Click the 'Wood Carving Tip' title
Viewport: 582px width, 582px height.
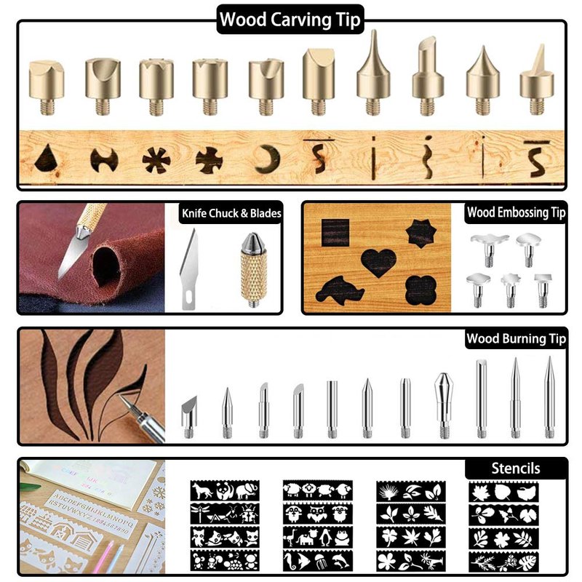coord(290,20)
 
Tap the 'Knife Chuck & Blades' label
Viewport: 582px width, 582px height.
coord(231,213)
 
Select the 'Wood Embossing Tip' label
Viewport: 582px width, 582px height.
coord(516,212)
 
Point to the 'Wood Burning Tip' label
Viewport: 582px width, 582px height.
coord(516,338)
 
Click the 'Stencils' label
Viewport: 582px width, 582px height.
coord(516,469)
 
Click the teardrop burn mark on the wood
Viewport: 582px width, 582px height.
coord(48,159)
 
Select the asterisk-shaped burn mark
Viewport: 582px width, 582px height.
coord(156,160)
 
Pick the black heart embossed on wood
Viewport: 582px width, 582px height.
coord(378,263)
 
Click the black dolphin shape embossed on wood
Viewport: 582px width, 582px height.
coord(339,290)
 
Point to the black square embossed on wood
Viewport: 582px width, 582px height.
coord(335,233)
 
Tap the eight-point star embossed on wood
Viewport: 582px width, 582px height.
coord(421,234)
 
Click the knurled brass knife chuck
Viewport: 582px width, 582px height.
coord(253,269)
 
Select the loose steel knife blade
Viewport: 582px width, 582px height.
coord(189,269)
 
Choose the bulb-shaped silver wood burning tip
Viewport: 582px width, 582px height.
coord(444,405)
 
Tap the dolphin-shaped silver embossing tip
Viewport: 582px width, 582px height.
coord(490,250)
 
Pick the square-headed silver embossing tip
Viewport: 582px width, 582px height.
coord(543,290)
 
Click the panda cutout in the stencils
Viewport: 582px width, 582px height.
coord(223,491)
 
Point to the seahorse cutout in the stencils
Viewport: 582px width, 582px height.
coord(290,560)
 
